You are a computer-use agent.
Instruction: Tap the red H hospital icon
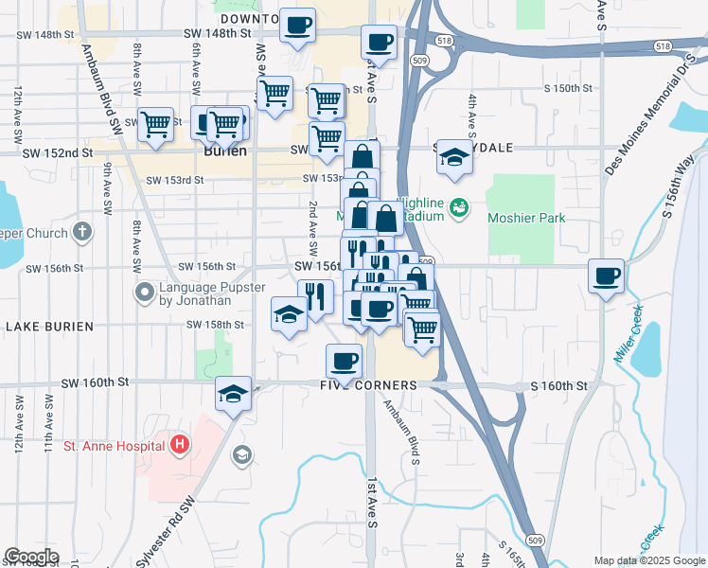pyautogui.click(x=181, y=444)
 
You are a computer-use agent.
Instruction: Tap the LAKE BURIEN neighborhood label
pyautogui.click(x=49, y=327)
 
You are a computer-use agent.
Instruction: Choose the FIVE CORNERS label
pyautogui.click(x=368, y=385)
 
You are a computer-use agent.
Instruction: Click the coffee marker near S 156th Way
pyautogui.click(x=606, y=276)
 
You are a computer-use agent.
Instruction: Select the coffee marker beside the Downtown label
pyautogui.click(x=297, y=25)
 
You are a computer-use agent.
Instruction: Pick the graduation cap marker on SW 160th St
pyautogui.click(x=232, y=394)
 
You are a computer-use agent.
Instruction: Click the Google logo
pyautogui.click(x=31, y=557)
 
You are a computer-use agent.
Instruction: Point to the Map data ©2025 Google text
pyautogui.click(x=648, y=560)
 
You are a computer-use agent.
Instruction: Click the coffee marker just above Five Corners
pyautogui.click(x=344, y=360)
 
